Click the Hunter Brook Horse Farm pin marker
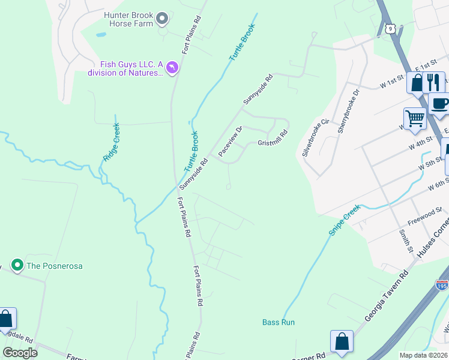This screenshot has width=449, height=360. (x=161, y=20)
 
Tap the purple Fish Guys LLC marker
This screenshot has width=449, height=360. (x=172, y=68)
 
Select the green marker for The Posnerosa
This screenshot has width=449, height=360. (x=17, y=265)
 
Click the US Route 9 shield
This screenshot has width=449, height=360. (x=391, y=28)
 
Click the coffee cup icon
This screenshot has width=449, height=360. (x=439, y=103)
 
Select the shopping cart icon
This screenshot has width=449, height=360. (x=415, y=119)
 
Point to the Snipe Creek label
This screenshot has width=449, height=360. (x=344, y=220)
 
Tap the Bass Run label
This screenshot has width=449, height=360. (x=279, y=322)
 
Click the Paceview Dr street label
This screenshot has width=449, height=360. (x=230, y=142)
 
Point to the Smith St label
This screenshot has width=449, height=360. (x=406, y=239)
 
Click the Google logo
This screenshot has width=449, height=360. (x=20, y=353)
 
